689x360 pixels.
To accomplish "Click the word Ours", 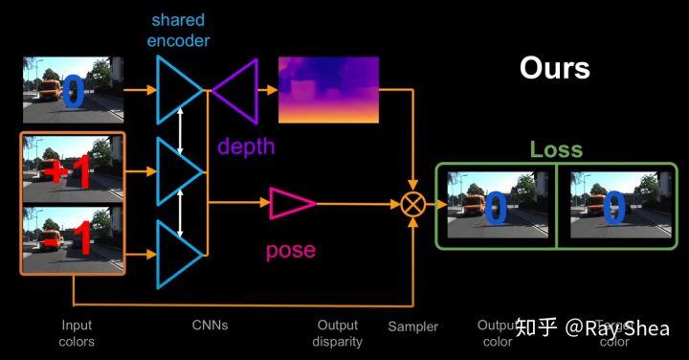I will (554, 68).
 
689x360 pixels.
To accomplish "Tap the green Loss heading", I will (556, 150).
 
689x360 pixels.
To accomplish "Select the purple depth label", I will (245, 146).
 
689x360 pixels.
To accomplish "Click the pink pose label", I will (290, 250).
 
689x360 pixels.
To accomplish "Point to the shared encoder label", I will (178, 31).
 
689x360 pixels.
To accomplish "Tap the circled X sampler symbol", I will (413, 203).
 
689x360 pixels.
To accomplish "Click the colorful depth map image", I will (328, 90).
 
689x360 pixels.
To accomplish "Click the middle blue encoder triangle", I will (178, 172).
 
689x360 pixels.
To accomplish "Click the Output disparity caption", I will (338, 333).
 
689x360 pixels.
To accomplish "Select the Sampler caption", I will (412, 326).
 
